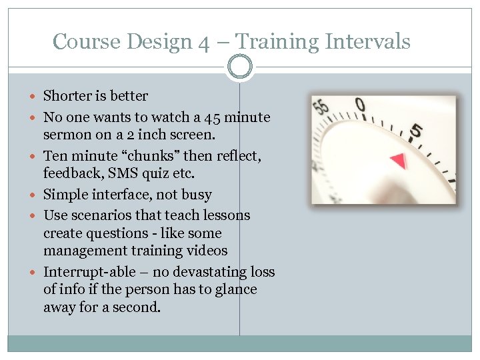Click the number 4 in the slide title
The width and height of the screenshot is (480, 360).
pyautogui.click(x=203, y=43)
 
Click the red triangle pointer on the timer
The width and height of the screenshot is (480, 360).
pyautogui.click(x=398, y=161)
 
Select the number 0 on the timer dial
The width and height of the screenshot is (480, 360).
pyautogui.click(x=360, y=105)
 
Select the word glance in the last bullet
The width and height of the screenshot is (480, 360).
pyautogui.click(x=234, y=289)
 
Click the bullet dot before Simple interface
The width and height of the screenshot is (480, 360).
pyautogui.click(x=35, y=195)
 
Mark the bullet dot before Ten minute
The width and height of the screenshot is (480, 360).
pyautogui.click(x=35, y=157)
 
